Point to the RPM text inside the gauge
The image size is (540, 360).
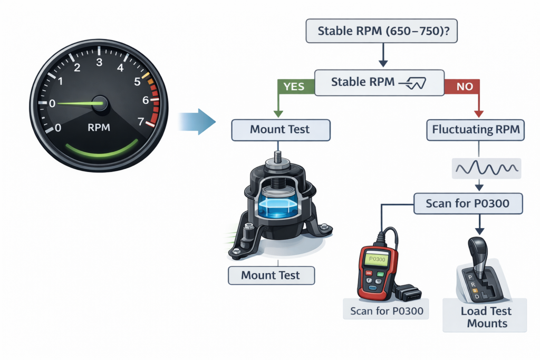99,127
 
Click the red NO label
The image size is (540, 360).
464,85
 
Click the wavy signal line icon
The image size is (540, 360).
486,169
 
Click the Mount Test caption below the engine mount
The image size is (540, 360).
270,275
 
